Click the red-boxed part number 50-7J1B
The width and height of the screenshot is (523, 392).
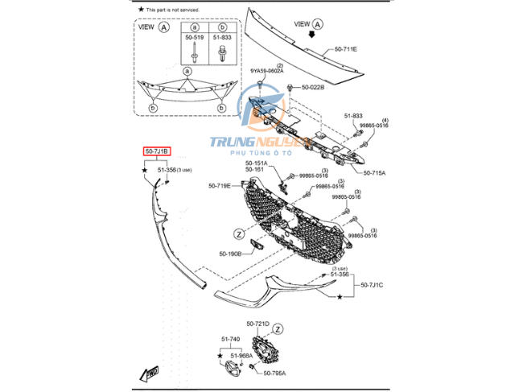[x=157, y=151]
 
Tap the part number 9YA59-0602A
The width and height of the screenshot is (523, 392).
[x=267, y=71]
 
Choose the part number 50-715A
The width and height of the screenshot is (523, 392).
[x=374, y=172]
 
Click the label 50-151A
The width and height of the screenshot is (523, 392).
[x=257, y=163]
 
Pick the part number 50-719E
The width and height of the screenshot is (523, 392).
[x=220, y=186]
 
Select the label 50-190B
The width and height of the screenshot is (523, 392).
[x=230, y=254]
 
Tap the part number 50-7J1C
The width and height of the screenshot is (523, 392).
[x=372, y=285]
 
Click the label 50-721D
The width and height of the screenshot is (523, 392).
[x=257, y=323]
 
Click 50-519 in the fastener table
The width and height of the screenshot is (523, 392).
[x=195, y=38]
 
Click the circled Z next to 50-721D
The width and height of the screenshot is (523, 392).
[x=278, y=328]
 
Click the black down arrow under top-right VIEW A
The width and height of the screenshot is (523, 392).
[x=324, y=36]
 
